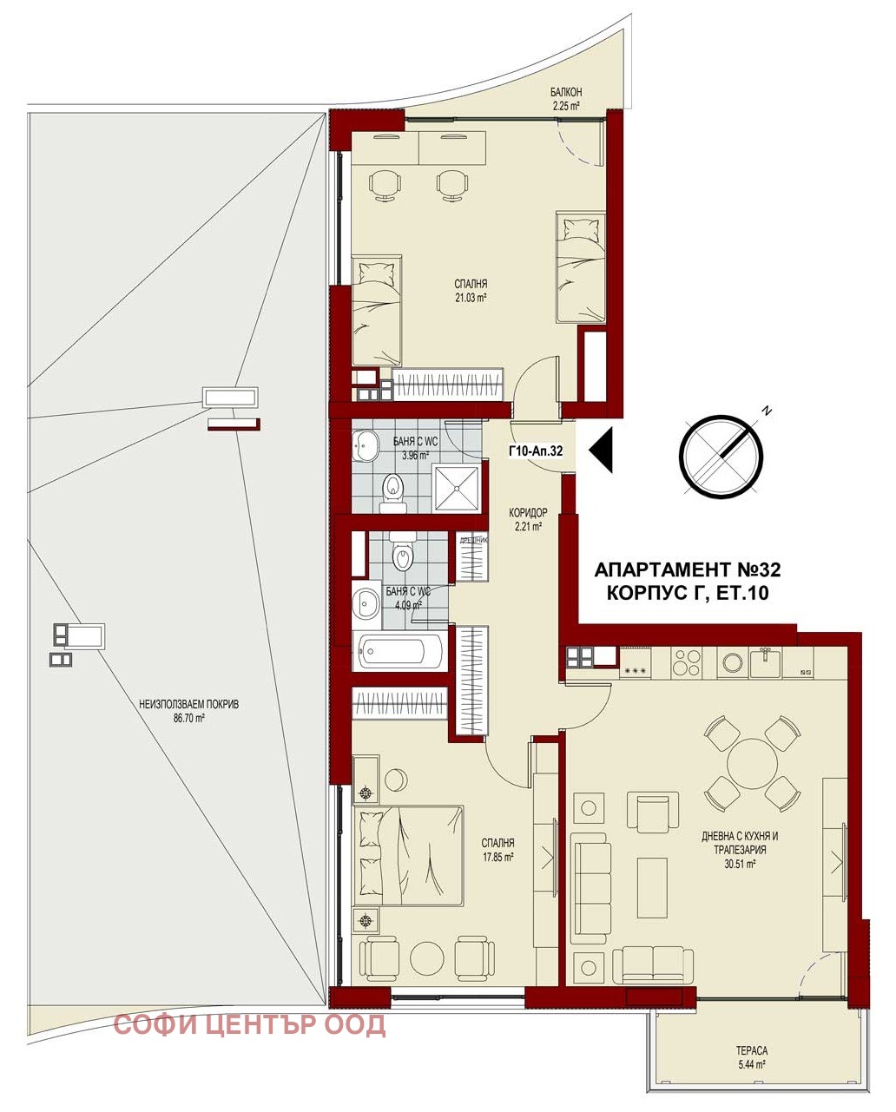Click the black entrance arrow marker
coord(602,451)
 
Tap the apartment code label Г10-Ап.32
coord(536,451)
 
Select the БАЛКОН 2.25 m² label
coord(565,99)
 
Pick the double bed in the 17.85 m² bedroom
coord(408,855)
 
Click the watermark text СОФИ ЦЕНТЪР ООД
coord(250,1025)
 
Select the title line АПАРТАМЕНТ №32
coord(687,570)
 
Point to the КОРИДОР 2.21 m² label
coord(526,519)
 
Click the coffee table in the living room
coord(653,887)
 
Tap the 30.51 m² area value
coord(740,864)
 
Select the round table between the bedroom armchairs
coord(427,958)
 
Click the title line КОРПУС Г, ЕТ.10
coord(687,594)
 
